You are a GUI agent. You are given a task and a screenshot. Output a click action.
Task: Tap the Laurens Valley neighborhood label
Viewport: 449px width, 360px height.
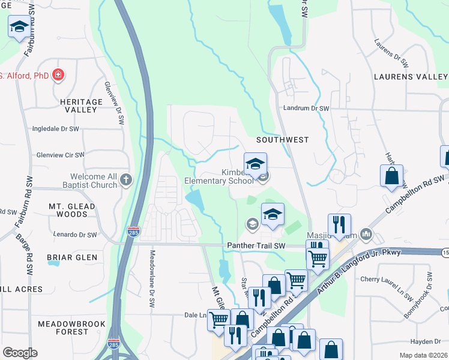[411, 77]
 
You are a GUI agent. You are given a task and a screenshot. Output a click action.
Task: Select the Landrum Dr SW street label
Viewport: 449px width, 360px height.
[307, 108]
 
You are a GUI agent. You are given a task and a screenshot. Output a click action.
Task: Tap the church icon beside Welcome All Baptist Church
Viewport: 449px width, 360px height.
[126, 179]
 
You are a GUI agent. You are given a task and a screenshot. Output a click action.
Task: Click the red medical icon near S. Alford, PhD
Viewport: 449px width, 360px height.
[58, 76]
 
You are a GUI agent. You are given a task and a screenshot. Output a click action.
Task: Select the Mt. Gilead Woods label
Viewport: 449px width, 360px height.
[68, 210]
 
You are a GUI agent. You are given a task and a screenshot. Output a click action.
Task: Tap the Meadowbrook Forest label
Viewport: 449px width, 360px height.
[63, 327]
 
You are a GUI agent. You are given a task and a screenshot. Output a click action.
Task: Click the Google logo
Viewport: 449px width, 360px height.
[20, 353]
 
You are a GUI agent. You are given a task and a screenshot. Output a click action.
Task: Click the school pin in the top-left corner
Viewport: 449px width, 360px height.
[19, 27]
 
